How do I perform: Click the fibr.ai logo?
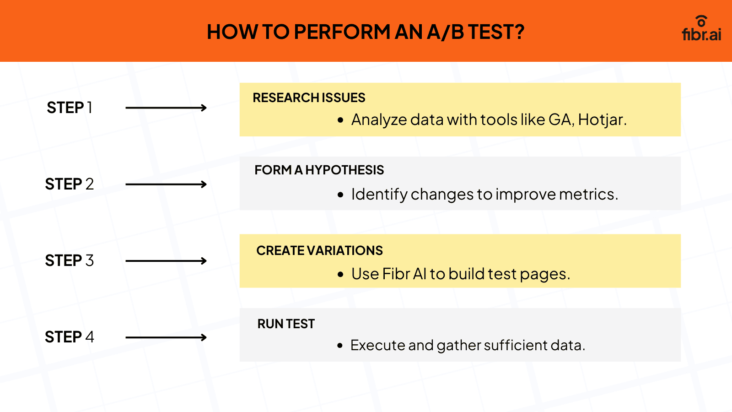click(701, 29)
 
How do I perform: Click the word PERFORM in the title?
click(342, 32)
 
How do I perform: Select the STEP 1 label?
click(69, 108)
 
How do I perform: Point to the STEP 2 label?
click(69, 184)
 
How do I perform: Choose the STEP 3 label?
click(69, 260)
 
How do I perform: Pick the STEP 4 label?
click(69, 337)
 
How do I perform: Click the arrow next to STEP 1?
click(166, 108)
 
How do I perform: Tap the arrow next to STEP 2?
click(166, 184)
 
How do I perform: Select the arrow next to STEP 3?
click(166, 261)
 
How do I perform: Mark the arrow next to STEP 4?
click(166, 337)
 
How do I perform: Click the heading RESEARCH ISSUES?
click(309, 98)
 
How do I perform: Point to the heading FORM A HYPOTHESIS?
click(319, 170)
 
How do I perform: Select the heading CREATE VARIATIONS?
click(319, 250)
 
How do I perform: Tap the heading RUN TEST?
click(286, 324)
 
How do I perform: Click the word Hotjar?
click(602, 119)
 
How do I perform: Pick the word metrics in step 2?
click(588, 194)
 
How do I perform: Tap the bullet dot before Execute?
click(340, 345)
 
